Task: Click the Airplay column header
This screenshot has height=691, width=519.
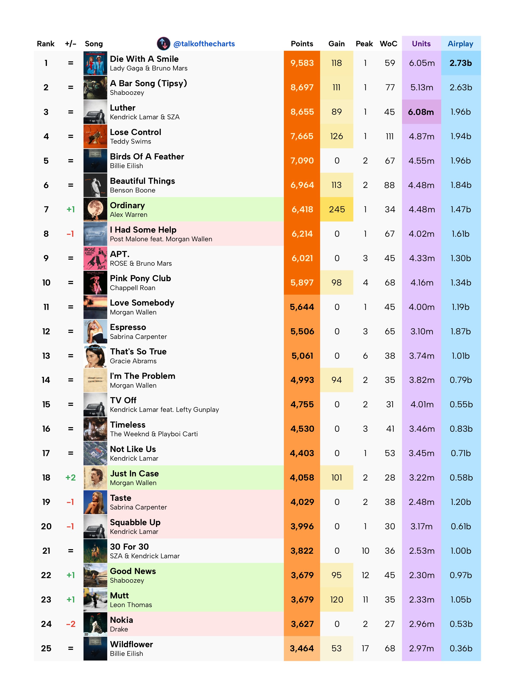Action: [x=460, y=44]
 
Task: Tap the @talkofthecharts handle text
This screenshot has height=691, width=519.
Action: [x=204, y=44]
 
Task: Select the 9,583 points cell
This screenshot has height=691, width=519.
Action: [x=302, y=63]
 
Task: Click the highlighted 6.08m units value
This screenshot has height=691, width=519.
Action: [x=421, y=112]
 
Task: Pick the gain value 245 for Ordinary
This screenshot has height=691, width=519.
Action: [x=336, y=209]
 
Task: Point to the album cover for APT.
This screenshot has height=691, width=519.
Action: [x=95, y=258]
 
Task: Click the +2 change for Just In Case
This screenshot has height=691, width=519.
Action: [x=71, y=477]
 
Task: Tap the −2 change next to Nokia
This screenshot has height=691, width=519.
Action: [x=71, y=624]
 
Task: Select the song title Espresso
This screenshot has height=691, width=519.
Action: [x=128, y=327]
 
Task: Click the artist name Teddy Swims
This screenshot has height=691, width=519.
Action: [x=130, y=142]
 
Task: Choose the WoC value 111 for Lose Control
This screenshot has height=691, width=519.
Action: [x=389, y=136]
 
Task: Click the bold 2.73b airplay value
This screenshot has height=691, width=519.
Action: [x=460, y=63]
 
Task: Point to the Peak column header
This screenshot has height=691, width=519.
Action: [x=364, y=44]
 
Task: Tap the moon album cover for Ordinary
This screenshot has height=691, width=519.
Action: [x=95, y=209]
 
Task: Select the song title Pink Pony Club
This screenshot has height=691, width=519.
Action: [x=140, y=278]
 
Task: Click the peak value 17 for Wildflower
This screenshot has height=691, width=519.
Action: [x=365, y=648]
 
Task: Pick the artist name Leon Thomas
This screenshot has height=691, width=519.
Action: [x=131, y=605]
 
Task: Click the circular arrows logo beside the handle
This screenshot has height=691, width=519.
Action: [x=163, y=44]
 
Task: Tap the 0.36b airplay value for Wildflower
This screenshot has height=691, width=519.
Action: [x=461, y=648]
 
